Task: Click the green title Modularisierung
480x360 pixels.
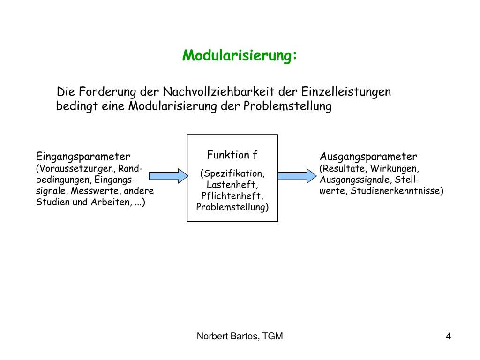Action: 240,56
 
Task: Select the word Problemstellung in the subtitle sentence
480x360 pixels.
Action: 287,106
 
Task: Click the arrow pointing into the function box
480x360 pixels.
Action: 168,176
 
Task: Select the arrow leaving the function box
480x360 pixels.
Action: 297,176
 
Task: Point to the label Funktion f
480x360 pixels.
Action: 232,155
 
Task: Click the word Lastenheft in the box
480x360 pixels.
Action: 232,185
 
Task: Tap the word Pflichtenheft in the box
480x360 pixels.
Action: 232,196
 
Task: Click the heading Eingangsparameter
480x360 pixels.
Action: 83,156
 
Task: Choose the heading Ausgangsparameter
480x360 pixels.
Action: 368,156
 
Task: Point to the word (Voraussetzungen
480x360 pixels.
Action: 76,168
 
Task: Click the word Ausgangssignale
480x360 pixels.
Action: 356,180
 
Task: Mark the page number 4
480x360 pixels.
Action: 449,336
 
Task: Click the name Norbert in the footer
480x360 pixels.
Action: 211,336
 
